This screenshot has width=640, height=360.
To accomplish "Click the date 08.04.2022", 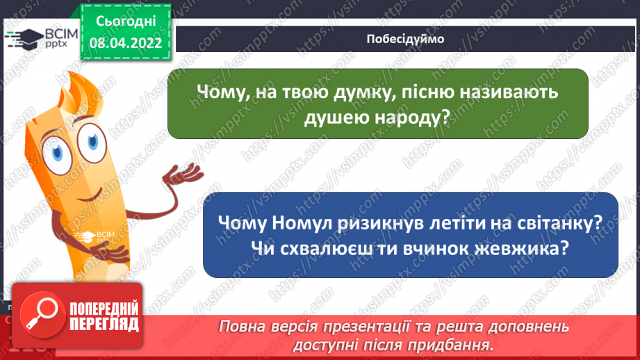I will [126, 42].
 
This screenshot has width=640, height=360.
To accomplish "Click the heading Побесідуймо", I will [405, 39].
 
